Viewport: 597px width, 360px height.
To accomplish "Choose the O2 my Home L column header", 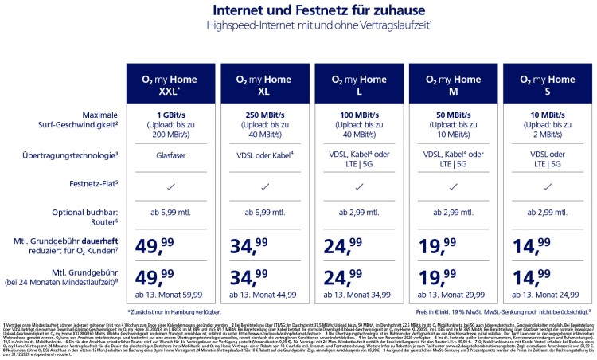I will click(358, 84).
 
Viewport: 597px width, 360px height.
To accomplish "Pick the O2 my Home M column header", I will click(452, 84).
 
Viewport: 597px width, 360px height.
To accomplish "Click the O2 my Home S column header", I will click(547, 84).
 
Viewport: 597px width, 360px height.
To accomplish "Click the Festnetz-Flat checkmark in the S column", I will click(547, 185).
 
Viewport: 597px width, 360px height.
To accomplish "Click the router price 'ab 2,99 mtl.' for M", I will click(452, 213).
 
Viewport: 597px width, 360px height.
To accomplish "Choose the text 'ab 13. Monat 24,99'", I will click(547, 294).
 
